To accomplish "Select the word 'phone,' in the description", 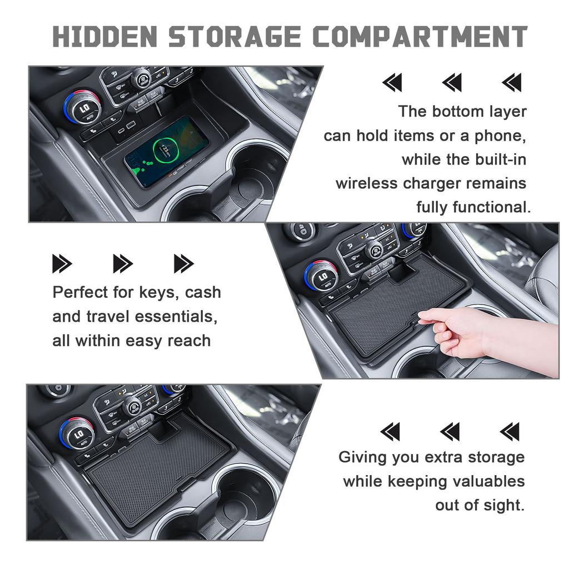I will pos(497,135).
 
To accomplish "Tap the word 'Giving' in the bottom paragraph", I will pos(363,457).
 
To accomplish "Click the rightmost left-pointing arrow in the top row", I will pos(512,83).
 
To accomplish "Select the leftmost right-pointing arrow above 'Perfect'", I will pos(62,263).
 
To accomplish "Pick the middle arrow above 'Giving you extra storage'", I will pos(450,431).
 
